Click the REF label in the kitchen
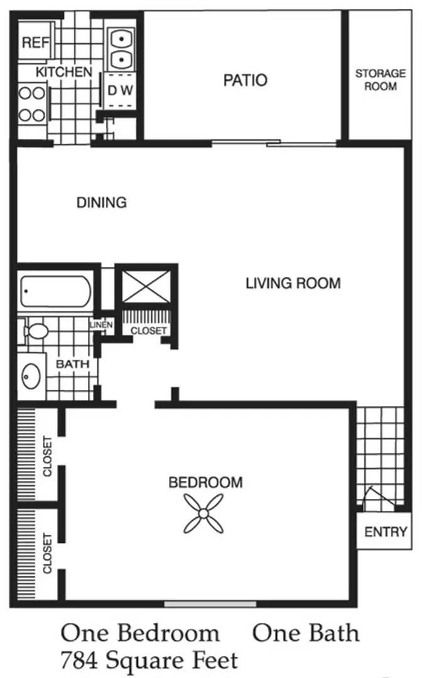coord(35,43)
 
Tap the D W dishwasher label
coord(120,90)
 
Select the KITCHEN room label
coord(64,72)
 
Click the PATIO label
coord(245,80)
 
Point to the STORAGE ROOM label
coord(381,80)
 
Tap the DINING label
coord(102,202)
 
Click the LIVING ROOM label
coord(293,283)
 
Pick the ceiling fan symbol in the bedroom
coord(203,514)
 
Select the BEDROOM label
coord(205,482)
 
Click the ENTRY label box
coord(384,531)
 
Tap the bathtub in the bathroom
coord(55,291)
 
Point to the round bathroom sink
coord(31,376)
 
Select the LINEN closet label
coord(102,325)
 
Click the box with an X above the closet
coord(146,287)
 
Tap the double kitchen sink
coord(121,48)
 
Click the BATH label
coord(72,364)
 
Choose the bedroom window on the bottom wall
coord(210,604)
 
